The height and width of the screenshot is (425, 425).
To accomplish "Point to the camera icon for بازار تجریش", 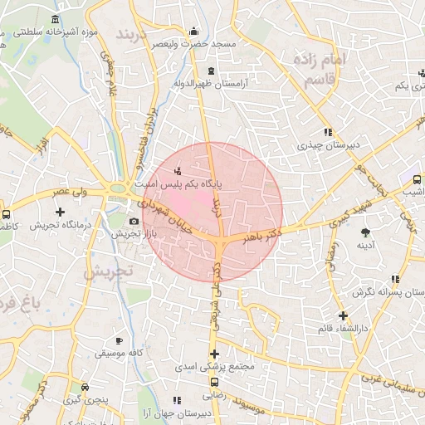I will coord(134,221).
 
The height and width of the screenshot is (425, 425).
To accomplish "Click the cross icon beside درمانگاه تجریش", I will coord(60,212).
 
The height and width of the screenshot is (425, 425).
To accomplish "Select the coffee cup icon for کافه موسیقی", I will coord(119,340).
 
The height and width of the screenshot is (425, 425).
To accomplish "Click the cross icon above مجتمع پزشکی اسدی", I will coord(214,354).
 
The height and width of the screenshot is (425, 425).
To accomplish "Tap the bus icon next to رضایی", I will coord(215,383).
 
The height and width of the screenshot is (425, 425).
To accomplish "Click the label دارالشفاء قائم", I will coord(343,330).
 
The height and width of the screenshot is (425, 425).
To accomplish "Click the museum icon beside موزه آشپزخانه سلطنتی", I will coord(55,19).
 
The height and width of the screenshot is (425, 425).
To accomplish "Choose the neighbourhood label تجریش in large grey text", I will coord(110,271).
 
